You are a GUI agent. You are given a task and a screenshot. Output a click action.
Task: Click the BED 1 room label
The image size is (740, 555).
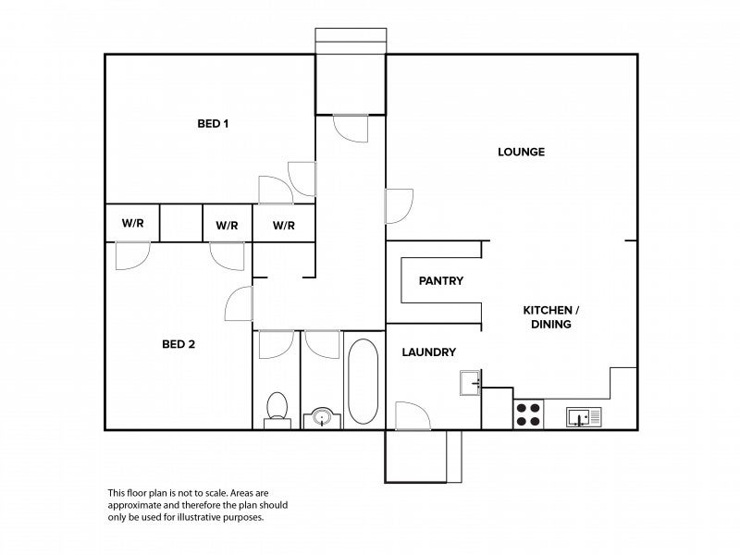[213, 124]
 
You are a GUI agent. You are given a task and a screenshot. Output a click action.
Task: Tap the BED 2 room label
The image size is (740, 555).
[179, 344]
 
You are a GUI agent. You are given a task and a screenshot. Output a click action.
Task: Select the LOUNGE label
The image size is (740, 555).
[521, 152]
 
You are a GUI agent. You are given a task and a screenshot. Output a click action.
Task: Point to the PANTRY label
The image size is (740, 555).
[441, 281]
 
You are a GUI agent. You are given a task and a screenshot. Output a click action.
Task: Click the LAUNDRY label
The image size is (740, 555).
[428, 352]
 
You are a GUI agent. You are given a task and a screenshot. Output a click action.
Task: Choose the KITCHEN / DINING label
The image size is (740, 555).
[550, 317]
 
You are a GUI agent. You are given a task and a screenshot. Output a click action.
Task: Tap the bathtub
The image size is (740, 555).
[363, 381]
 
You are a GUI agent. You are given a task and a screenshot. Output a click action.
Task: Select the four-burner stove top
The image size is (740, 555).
[528, 414]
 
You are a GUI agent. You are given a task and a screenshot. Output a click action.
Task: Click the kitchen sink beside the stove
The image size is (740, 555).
[584, 417]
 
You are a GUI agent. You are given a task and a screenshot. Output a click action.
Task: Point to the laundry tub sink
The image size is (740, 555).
[471, 382]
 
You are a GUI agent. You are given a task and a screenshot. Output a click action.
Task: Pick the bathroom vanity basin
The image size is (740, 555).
[322, 418]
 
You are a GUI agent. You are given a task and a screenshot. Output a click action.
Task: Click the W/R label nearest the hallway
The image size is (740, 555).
[284, 226]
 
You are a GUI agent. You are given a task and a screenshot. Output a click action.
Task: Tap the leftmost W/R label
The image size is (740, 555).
[132, 223]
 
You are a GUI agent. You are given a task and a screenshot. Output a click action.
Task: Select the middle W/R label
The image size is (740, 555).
[227, 226]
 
